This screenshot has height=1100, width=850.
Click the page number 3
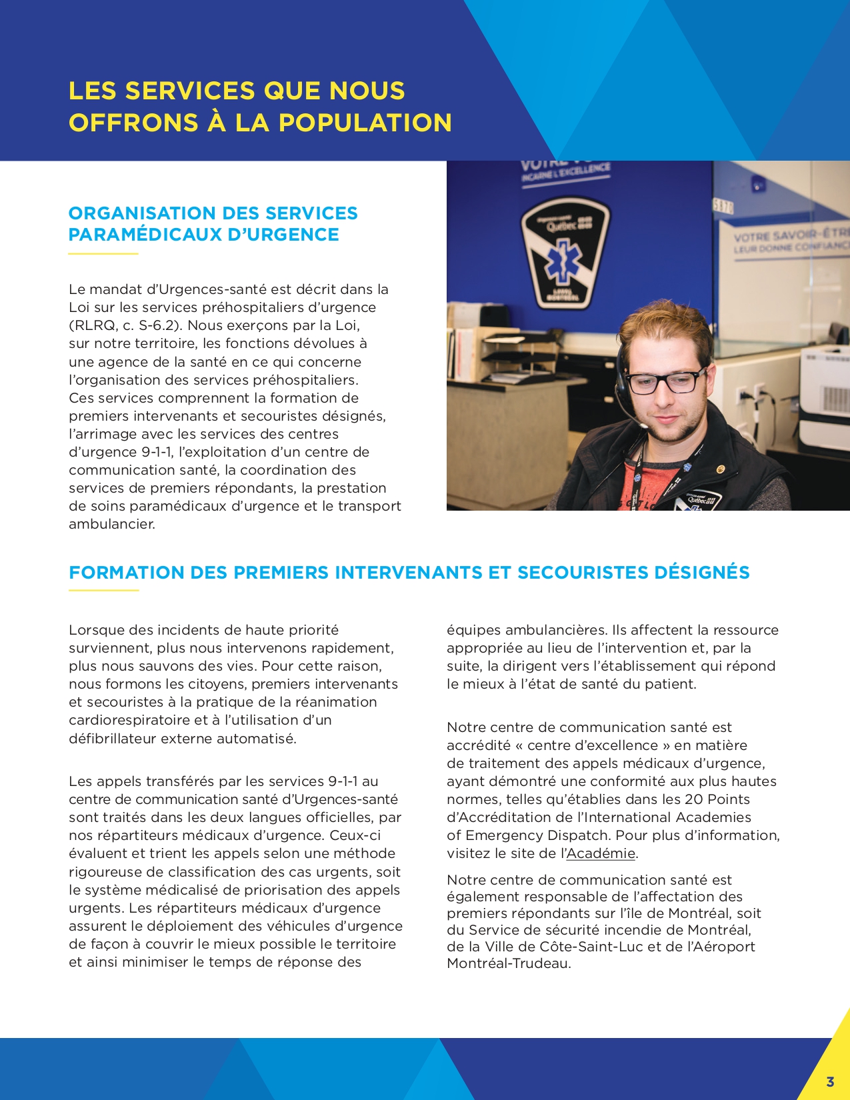pyautogui.click(x=830, y=1081)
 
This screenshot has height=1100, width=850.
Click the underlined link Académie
pyautogui.click(x=601, y=853)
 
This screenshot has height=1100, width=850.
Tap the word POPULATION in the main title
pyautogui.click(x=365, y=123)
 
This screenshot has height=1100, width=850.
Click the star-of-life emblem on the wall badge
pyautogui.click(x=565, y=260)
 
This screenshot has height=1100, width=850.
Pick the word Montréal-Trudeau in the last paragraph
pyautogui.click(x=508, y=963)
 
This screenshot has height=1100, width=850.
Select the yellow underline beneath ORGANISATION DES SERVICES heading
pyautogui.click(x=103, y=254)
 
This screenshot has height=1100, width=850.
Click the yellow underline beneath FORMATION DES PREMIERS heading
pyautogui.click(x=103, y=591)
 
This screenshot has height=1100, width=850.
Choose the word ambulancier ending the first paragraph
pyautogui.click(x=111, y=524)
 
